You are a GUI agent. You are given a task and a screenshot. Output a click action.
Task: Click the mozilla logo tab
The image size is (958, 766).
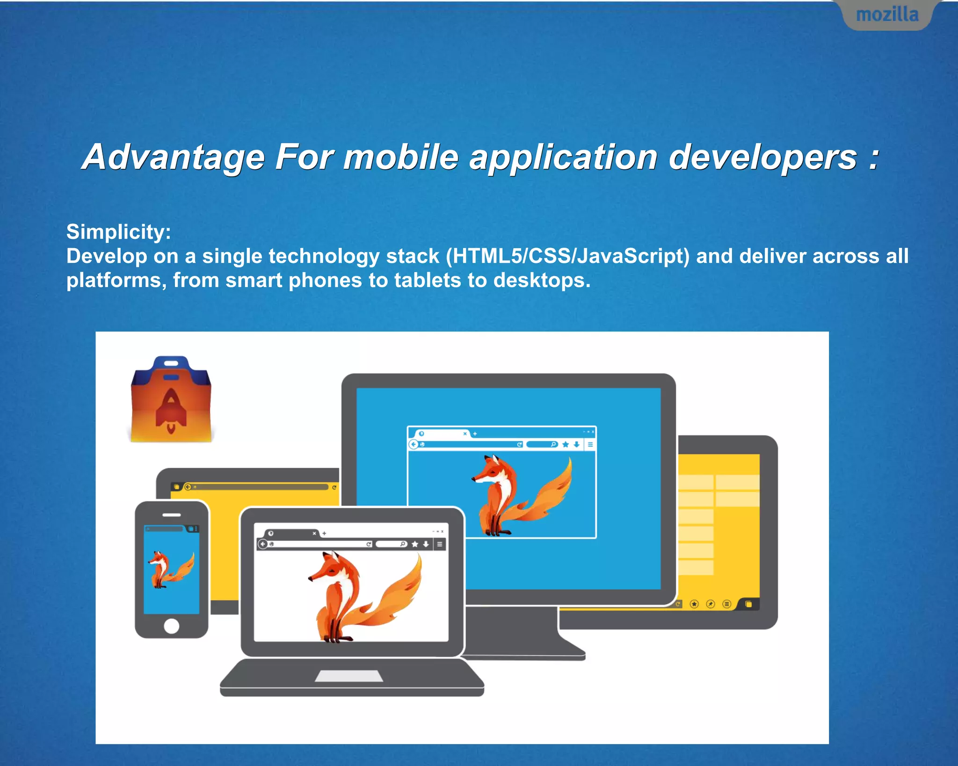tap(887, 15)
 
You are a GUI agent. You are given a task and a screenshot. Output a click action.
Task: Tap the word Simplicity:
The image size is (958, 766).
tap(118, 232)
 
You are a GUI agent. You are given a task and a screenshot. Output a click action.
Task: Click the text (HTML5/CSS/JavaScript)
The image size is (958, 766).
tap(567, 256)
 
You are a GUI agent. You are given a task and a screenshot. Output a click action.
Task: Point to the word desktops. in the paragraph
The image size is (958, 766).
tap(542, 281)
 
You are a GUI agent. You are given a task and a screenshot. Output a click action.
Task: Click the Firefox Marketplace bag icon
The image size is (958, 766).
tap(171, 400)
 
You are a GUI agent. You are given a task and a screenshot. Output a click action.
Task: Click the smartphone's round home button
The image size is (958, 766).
tap(172, 626)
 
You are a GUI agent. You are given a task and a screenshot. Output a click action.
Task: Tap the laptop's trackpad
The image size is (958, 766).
tap(348, 676)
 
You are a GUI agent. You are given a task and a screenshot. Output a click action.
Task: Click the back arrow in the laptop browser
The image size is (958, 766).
tap(263, 544)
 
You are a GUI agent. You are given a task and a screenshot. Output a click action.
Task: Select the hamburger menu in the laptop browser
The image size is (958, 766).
tap(440, 544)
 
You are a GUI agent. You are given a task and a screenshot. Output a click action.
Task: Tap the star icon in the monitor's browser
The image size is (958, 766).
tap(566, 444)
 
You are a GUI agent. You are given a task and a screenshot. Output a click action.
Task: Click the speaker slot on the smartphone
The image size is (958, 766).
tap(172, 515)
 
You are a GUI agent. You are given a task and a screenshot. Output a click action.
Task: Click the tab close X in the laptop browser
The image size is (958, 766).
tap(314, 533)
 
